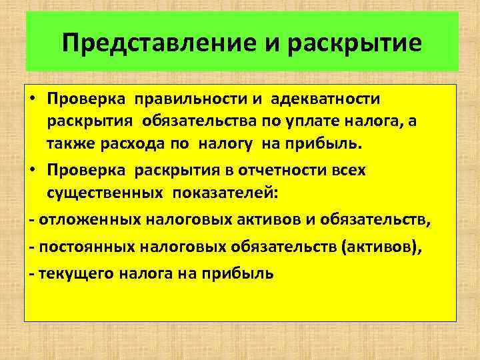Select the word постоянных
[81, 246]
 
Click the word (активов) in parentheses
[381, 246]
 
